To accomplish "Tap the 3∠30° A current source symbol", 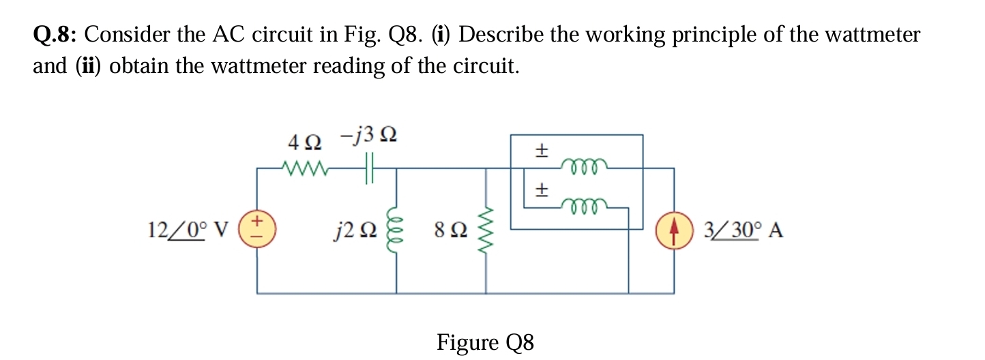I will click(674, 230).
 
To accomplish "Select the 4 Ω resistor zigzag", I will click(304, 168).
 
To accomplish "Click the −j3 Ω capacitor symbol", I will click(370, 168).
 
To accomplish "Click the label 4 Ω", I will click(304, 142).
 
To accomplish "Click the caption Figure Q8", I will click(485, 342).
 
